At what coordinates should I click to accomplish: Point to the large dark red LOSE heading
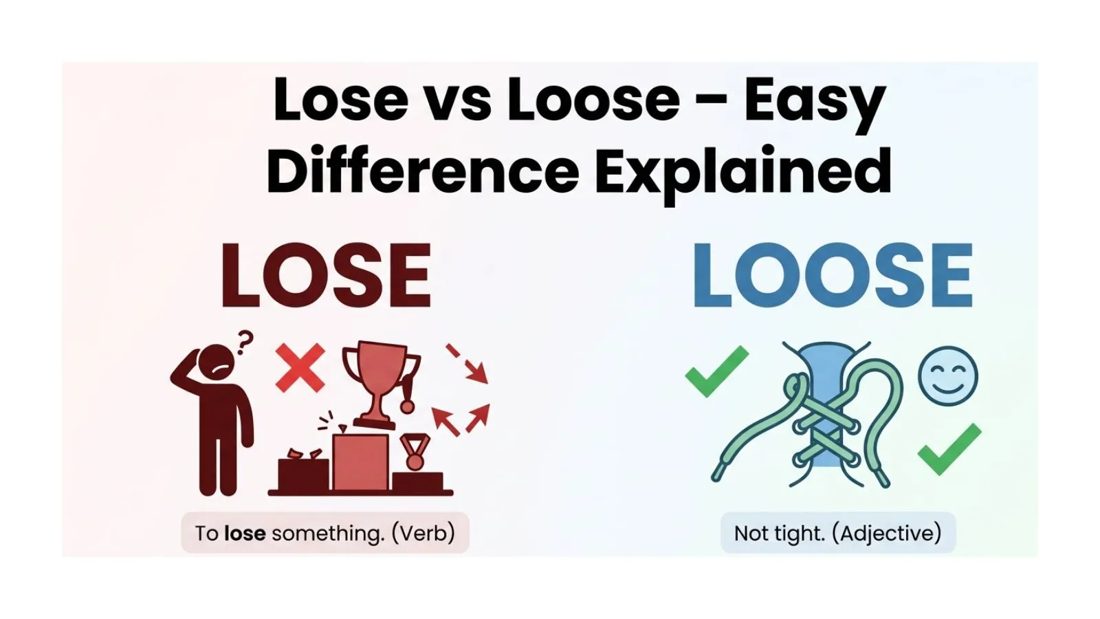[x=326, y=276]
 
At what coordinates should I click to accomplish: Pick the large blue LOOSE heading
[x=833, y=276]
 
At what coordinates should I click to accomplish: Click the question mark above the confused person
[x=244, y=342]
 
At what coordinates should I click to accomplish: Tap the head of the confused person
[x=215, y=361]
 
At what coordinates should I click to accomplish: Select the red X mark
[x=300, y=368]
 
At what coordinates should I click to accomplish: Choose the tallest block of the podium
[x=360, y=461]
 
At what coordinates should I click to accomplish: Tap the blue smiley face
[x=948, y=376]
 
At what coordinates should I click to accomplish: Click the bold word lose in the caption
[x=245, y=534]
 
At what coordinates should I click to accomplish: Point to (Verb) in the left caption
[x=423, y=534]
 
